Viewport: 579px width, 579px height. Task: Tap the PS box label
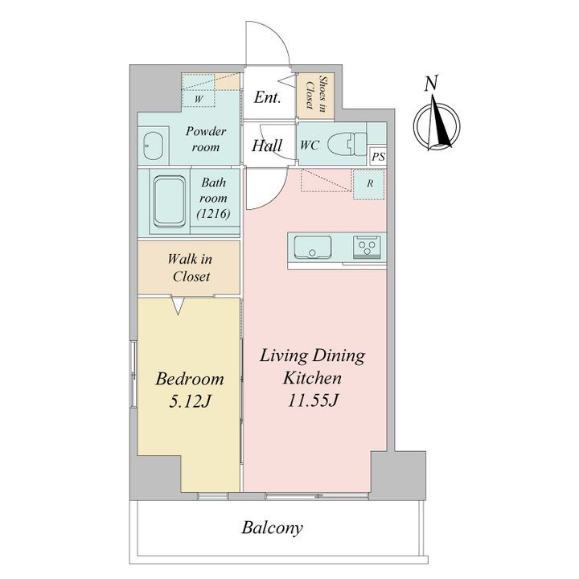tap(378, 156)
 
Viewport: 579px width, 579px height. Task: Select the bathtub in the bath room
tap(169, 202)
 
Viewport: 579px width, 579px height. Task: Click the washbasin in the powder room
tap(154, 146)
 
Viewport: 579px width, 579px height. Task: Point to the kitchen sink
tap(312, 247)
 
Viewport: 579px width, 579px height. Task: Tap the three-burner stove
tap(367, 247)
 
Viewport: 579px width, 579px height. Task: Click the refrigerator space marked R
tap(369, 184)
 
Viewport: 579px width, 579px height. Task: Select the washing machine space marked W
tap(199, 99)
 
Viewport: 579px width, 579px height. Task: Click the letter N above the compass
tap(431, 84)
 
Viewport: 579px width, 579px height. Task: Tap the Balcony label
tap(272, 528)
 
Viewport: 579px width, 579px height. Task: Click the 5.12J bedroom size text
tap(190, 401)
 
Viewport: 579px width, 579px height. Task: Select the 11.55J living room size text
tap(312, 400)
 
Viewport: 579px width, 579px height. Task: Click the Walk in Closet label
tap(190, 268)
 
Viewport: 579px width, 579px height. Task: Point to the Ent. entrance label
tap(267, 97)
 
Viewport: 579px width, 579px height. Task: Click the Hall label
tap(267, 146)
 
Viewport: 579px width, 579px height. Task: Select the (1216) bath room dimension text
tap(213, 214)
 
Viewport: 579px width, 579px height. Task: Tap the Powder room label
tap(206, 139)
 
